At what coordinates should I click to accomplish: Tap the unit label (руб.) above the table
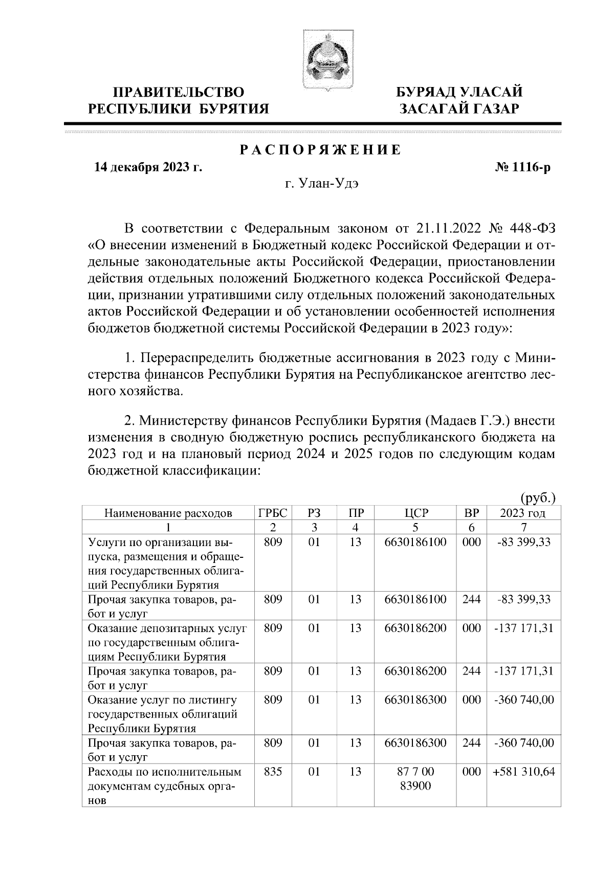[538, 497]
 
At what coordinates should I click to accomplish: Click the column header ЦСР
[415, 513]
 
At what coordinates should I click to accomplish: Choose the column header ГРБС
[273, 513]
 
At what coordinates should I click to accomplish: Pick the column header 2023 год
[522, 513]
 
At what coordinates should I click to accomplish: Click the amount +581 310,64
[523, 771]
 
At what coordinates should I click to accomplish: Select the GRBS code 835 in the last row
[273, 771]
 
